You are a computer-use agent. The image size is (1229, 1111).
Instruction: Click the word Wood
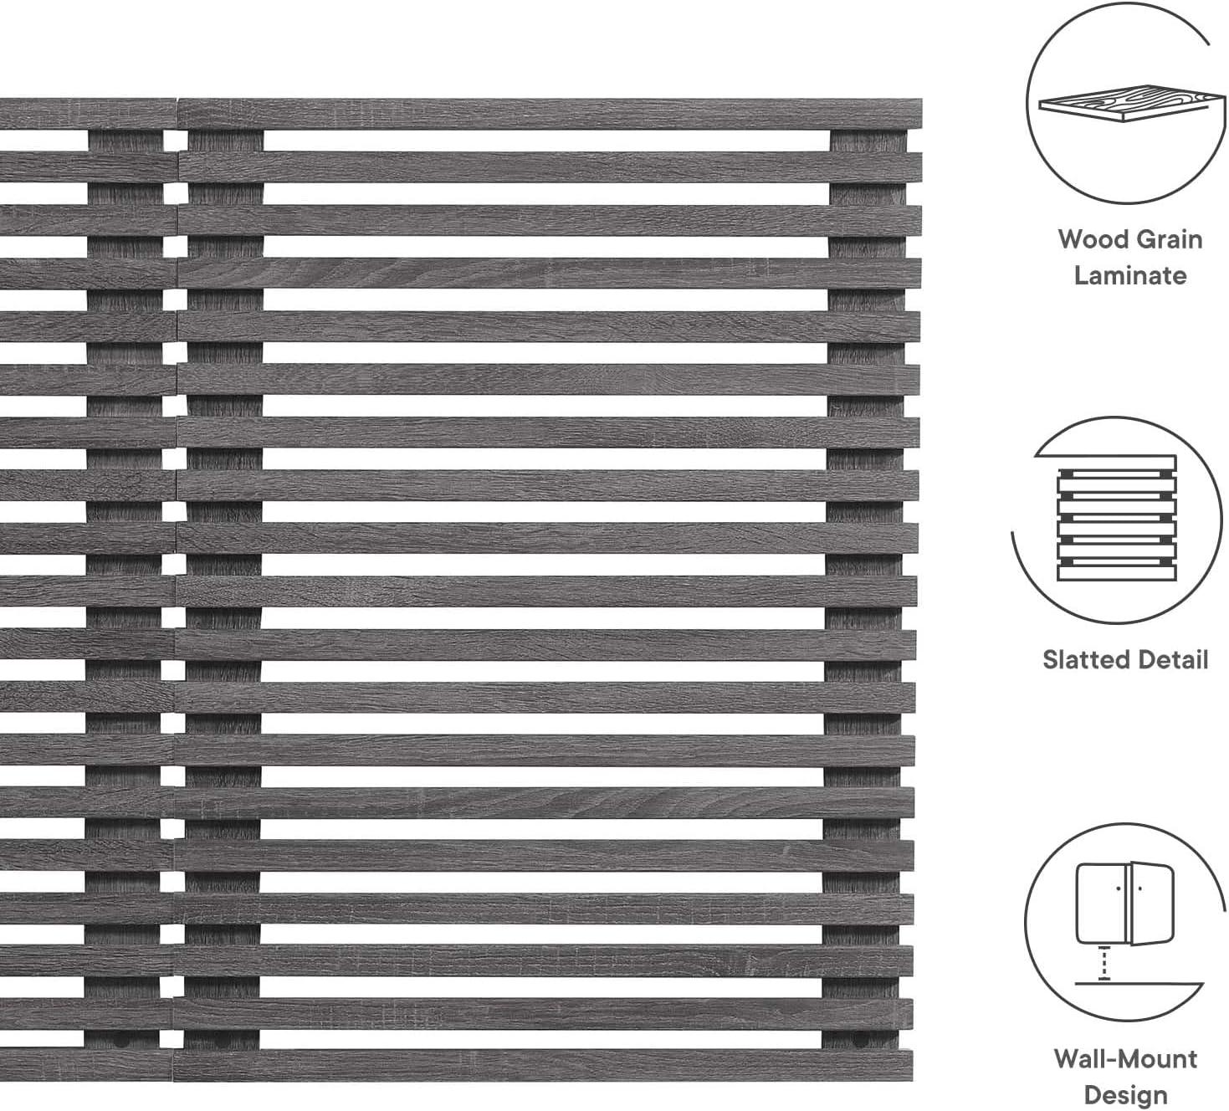[x=1088, y=239]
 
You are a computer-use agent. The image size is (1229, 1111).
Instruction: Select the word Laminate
[x=1130, y=276]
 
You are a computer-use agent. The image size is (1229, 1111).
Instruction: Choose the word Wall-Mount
[x=1125, y=1058]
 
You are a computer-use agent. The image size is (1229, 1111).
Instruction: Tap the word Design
[x=1125, y=1094]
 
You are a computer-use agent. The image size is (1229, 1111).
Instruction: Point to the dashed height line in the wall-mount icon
[x=1104, y=964]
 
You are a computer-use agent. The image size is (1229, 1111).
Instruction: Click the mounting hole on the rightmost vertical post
[x=861, y=1039]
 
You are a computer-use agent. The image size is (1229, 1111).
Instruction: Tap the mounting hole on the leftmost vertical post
[x=121, y=1039]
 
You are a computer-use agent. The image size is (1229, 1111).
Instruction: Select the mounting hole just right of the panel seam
[x=221, y=1039]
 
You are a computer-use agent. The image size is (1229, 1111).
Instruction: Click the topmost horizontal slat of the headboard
[x=461, y=114]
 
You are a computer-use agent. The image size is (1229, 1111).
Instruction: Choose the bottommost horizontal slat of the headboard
[x=457, y=1066]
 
